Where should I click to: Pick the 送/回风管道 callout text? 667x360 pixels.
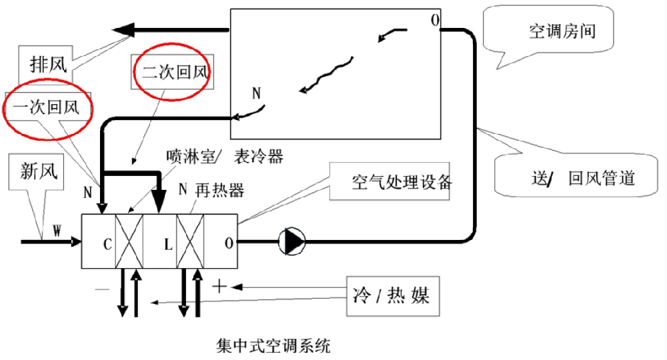click(578, 179)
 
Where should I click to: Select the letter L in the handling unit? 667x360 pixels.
click(168, 243)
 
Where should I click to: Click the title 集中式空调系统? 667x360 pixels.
click(273, 346)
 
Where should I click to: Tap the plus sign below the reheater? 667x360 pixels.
click(219, 286)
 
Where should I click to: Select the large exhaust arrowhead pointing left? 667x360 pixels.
click(125, 30)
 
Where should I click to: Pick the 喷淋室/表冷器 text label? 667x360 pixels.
click(224, 157)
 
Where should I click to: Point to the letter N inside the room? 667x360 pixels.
click(256, 93)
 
